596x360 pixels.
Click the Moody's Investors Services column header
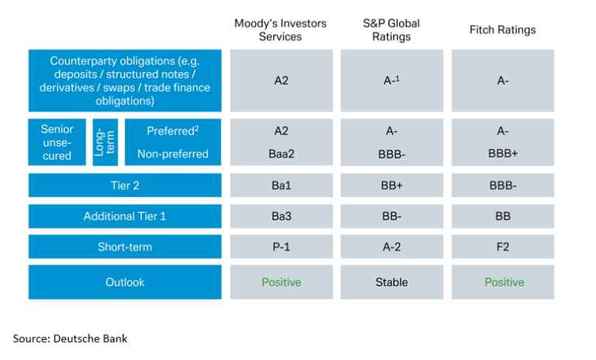280,30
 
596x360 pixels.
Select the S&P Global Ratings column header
391,30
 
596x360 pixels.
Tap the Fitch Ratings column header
502,30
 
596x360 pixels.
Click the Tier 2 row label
124,185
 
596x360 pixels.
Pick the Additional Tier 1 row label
124,216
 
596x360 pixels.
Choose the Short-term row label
124,247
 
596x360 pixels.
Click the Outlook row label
124,282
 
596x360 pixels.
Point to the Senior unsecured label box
57,143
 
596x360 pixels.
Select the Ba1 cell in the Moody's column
281,185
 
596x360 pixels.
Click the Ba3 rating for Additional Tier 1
281,216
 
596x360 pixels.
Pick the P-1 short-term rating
281,247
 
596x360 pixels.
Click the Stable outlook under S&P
391,282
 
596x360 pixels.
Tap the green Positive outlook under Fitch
504,282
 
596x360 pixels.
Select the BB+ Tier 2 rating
391,185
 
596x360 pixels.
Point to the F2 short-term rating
503,247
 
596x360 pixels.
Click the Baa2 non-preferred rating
281,154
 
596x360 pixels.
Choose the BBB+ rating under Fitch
503,154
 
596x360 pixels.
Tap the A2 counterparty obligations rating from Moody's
281,80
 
